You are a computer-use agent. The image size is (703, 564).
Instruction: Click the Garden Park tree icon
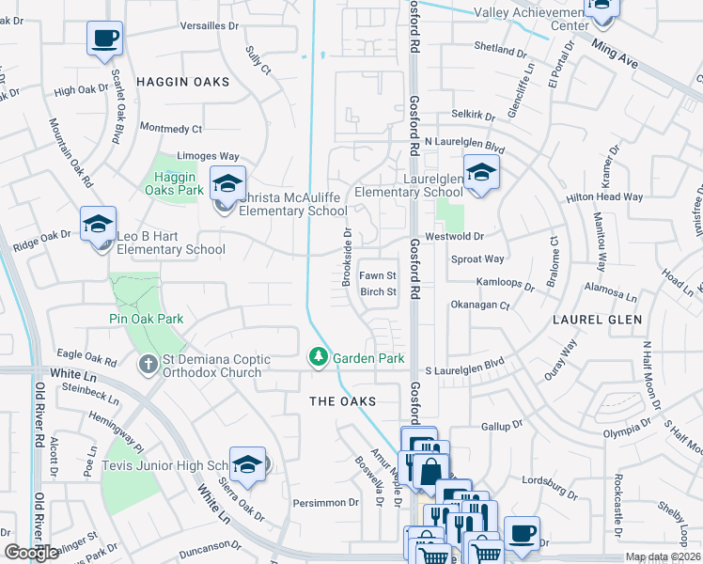pyautogui.click(x=319, y=358)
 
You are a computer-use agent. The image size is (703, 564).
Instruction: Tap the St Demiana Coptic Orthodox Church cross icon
pyautogui.click(x=148, y=365)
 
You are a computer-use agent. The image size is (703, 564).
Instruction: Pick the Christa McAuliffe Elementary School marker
pyautogui.click(x=227, y=184)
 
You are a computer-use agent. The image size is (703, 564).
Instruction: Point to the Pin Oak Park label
pyautogui.click(x=145, y=319)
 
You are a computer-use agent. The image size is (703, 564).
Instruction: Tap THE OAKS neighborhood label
pyautogui.click(x=343, y=401)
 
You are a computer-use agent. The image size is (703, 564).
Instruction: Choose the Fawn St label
pyautogui.click(x=379, y=275)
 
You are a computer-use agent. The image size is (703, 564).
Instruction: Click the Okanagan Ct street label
pyautogui.click(x=479, y=305)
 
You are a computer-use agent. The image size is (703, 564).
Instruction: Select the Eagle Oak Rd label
pyautogui.click(x=86, y=356)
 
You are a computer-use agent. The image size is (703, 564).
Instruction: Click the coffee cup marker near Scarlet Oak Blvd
pyautogui.click(x=104, y=40)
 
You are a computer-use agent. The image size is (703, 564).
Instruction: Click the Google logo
pyautogui.click(x=30, y=553)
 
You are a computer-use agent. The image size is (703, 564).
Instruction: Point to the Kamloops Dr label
pyautogui.click(x=506, y=282)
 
